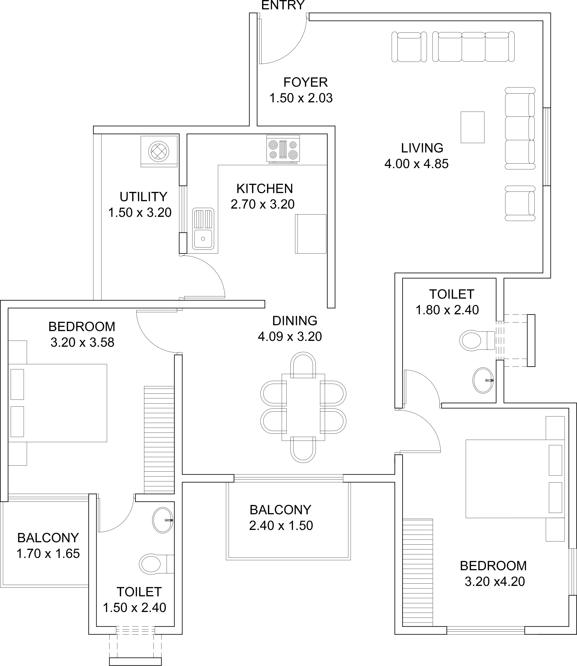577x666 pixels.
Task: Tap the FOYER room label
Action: coord(306,83)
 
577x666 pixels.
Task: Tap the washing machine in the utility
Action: coord(159,151)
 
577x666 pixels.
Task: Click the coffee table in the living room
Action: coord(472,127)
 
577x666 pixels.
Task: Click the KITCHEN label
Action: coord(265,189)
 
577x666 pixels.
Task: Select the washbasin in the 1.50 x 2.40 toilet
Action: coord(163,520)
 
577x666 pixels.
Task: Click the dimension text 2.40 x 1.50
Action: coord(281,526)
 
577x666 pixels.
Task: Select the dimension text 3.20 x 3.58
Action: coord(83,343)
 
